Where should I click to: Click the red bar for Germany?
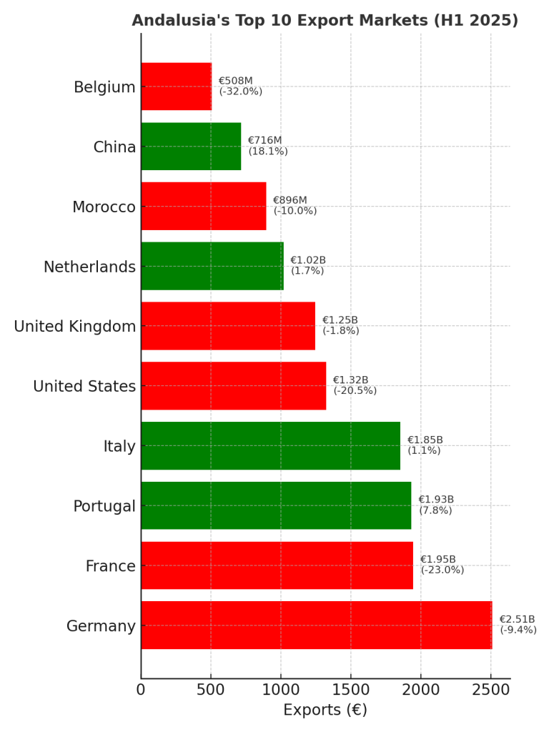(x=316, y=625)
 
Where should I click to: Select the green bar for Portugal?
(x=276, y=505)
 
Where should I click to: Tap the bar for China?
(x=191, y=147)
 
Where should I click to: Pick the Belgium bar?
(x=176, y=86)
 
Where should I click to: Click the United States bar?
(x=233, y=386)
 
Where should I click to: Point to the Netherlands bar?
(x=212, y=266)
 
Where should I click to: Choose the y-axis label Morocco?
(x=104, y=207)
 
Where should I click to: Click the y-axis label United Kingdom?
(x=75, y=327)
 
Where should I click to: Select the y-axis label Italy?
(x=119, y=447)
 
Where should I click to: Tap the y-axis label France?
(x=110, y=566)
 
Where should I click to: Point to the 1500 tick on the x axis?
(x=350, y=690)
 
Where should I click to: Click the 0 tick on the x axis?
(x=141, y=690)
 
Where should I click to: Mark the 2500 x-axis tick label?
(x=490, y=690)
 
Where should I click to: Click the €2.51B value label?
(x=517, y=619)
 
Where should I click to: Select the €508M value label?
(x=235, y=81)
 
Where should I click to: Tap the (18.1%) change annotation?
(x=268, y=152)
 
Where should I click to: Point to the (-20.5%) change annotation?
(x=355, y=391)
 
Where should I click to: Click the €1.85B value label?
(x=425, y=440)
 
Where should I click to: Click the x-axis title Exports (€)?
(x=325, y=711)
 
